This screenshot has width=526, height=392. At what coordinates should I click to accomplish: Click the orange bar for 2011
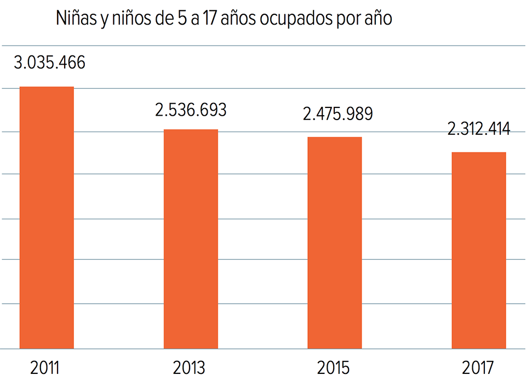click(x=47, y=217)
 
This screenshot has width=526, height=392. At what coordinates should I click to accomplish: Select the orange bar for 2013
click(x=191, y=238)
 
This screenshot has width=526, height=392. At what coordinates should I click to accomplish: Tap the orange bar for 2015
click(x=334, y=242)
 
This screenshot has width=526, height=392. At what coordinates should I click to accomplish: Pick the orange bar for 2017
click(x=478, y=250)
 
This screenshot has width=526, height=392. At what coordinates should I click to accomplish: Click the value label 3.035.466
click(x=49, y=63)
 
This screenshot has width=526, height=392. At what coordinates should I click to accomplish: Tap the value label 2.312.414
click(x=479, y=129)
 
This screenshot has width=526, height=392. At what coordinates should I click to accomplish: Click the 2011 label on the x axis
click(x=44, y=368)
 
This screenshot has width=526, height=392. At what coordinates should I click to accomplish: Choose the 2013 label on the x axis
click(x=189, y=368)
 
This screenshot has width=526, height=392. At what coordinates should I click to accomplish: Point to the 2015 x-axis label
click(x=333, y=368)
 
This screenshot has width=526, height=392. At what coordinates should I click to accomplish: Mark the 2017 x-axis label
click(x=478, y=368)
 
